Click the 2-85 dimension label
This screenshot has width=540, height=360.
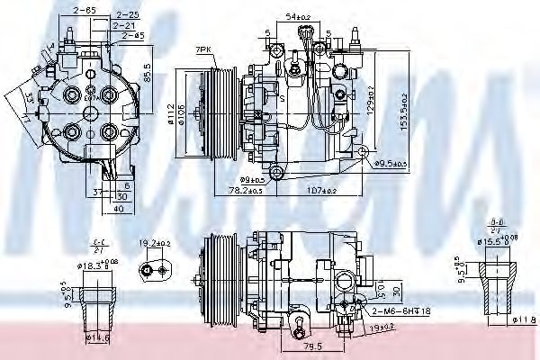tap(85, 9)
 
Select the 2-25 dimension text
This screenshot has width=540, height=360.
tap(126, 15)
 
